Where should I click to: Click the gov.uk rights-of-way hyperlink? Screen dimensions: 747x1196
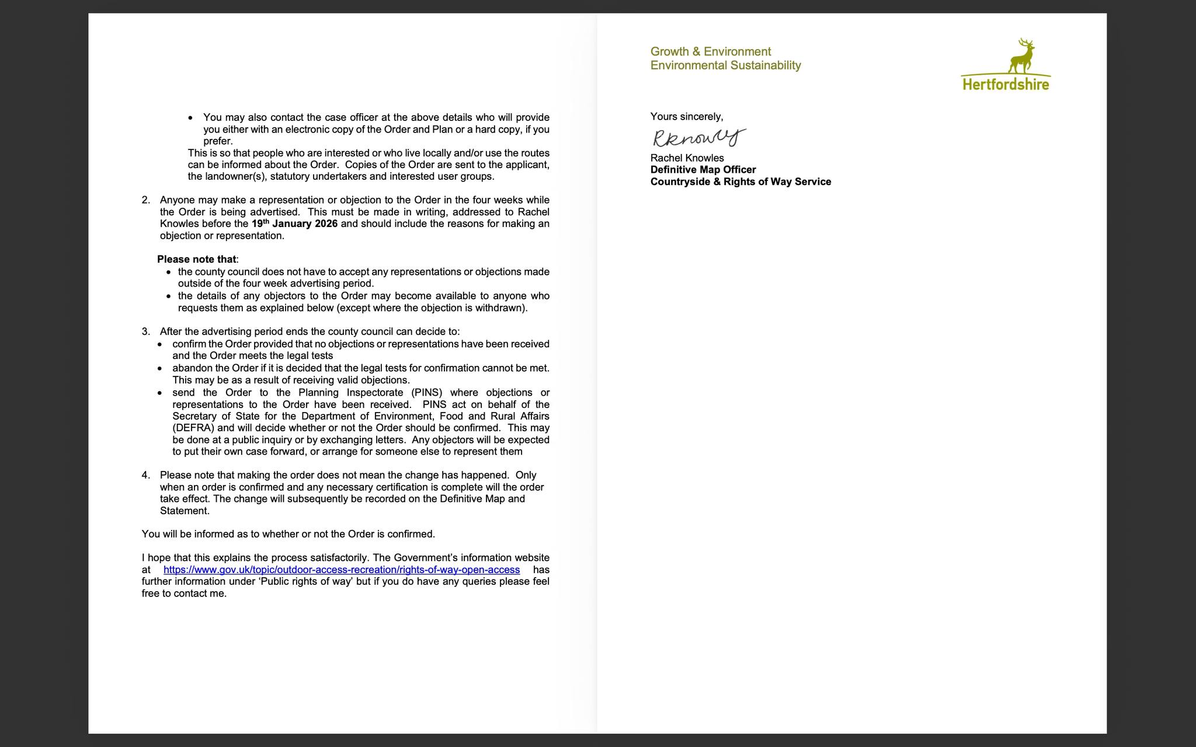tap(341, 570)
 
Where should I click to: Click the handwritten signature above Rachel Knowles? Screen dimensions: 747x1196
tap(698, 138)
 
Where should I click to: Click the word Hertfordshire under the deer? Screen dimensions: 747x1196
tap(1006, 85)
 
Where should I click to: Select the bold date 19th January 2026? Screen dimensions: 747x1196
tap(294, 224)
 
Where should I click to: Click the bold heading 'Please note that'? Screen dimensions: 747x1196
tap(197, 259)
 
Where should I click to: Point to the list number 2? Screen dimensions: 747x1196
tap(145, 200)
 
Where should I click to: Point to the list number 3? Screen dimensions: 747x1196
tap(145, 331)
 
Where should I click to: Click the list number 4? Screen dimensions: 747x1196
tap(145, 475)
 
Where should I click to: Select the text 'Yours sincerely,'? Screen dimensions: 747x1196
tap(686, 117)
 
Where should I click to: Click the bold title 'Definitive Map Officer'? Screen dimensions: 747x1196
tap(703, 170)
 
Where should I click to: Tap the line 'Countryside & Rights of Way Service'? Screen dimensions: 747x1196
tap(740, 181)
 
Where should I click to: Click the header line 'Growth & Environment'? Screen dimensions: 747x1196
tap(711, 51)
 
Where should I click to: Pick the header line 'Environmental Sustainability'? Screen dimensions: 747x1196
tap(725, 65)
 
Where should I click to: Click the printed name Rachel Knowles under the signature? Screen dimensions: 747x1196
tap(687, 158)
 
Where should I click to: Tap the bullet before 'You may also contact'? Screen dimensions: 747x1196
tap(190, 118)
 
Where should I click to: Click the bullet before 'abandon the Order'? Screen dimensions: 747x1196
tap(159, 368)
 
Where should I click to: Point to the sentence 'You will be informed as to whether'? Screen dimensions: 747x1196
tap(288, 534)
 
